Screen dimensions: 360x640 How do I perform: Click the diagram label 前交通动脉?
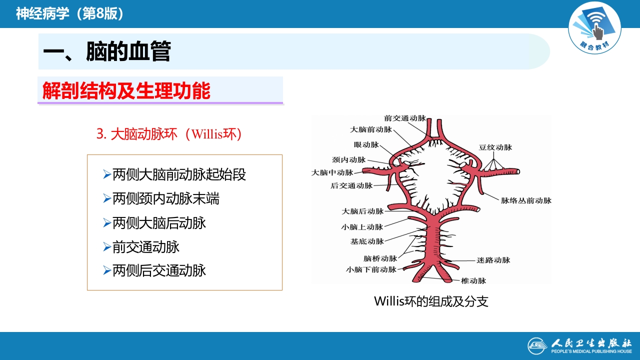(x=405, y=118)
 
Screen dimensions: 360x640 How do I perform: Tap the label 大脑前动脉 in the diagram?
(x=371, y=129)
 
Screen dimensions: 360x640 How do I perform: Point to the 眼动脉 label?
(x=366, y=145)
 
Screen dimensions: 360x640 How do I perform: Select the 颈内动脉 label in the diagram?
(x=348, y=160)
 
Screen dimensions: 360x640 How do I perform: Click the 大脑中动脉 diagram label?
(x=332, y=172)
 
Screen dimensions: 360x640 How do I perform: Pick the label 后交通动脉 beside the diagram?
(x=351, y=186)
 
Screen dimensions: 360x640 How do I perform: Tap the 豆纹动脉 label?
(x=495, y=147)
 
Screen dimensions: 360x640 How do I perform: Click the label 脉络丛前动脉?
(x=526, y=200)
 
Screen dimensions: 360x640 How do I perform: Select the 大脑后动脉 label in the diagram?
(x=362, y=212)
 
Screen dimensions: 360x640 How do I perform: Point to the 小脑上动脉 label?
(x=362, y=227)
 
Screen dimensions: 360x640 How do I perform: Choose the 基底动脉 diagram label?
(x=367, y=241)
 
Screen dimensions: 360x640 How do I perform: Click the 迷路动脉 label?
(x=493, y=260)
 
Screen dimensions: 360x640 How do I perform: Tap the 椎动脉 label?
(x=473, y=281)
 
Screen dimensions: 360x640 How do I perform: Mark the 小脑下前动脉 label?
(x=371, y=269)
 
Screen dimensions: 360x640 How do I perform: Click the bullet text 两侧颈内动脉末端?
(x=165, y=199)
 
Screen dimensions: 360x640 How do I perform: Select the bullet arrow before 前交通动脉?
(x=106, y=247)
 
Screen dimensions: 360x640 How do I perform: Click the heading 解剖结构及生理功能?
(x=126, y=91)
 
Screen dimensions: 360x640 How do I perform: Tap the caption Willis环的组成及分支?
(x=431, y=301)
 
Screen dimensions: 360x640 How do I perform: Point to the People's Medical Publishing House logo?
(x=580, y=346)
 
